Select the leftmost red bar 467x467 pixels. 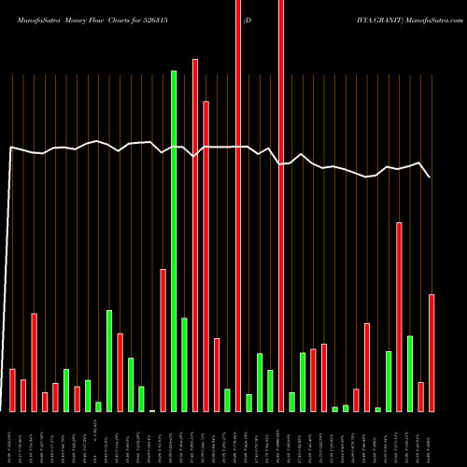tap(12, 390)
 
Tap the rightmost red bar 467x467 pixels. tap(432, 353)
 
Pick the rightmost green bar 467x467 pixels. tap(410, 374)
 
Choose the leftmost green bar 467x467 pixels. tap(66, 390)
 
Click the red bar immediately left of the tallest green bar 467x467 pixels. tap(163, 340)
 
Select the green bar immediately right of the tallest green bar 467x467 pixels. tap(184, 364)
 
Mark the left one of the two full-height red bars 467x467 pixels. tap(238, 205)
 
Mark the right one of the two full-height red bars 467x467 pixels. tap(281, 205)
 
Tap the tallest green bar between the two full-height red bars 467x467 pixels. tap(260, 382)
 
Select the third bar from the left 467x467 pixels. tap(34, 362)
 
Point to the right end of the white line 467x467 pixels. tap(431, 177)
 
